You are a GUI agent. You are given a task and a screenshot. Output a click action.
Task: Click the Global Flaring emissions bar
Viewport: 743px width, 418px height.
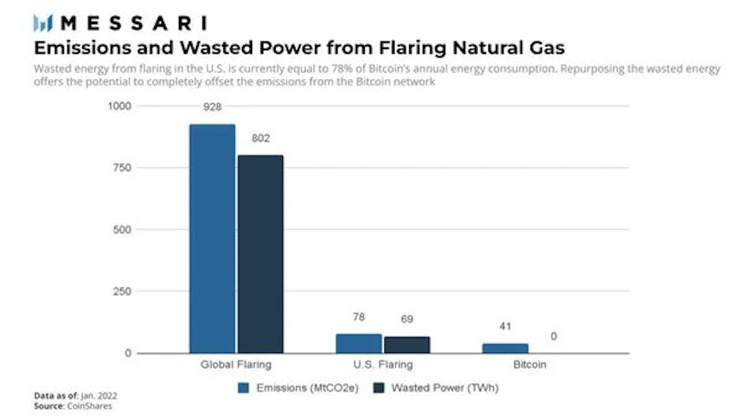pos(212,239)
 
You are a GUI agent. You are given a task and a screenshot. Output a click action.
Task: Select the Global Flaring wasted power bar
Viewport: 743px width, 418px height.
pos(261,254)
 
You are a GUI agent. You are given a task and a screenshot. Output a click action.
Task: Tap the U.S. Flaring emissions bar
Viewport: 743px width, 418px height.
pos(358,343)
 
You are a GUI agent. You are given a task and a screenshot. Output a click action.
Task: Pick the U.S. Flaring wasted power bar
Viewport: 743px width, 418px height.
pos(407,345)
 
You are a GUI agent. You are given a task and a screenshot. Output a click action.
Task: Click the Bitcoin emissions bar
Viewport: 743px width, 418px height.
pos(505,349)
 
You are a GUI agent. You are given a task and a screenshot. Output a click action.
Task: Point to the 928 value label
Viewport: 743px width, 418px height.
pos(212,107)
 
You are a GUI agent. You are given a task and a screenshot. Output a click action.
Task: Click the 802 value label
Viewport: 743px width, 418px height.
pos(261,138)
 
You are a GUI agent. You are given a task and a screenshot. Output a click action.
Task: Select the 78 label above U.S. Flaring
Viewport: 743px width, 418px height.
pos(359,317)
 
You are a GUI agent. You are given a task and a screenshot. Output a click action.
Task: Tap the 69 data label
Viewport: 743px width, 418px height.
pos(407,319)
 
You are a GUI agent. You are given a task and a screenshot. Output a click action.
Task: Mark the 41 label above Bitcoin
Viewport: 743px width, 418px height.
pos(505,326)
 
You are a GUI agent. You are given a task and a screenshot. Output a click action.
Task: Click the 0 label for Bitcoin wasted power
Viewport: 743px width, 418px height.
pos(554,336)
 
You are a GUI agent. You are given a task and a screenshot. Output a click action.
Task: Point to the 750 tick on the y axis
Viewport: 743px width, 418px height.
pos(122,168)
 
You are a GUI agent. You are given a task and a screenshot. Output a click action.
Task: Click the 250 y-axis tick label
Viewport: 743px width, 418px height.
pos(122,291)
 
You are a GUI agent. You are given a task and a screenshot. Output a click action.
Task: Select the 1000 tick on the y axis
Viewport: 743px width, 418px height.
pos(119,106)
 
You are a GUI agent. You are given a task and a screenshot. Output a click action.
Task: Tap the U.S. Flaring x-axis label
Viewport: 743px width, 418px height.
pos(383,365)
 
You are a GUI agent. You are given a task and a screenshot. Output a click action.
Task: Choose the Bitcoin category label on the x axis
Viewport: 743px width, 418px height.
pos(530,365)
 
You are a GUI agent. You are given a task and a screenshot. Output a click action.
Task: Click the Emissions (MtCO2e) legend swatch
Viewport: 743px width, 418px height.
pos(243,388)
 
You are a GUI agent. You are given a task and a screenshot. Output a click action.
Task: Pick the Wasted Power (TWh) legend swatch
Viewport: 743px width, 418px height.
pos(379,388)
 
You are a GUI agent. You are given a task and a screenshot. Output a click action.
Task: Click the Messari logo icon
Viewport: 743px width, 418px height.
pos(43,23)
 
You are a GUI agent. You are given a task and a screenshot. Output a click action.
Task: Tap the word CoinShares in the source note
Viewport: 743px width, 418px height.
pos(90,406)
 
